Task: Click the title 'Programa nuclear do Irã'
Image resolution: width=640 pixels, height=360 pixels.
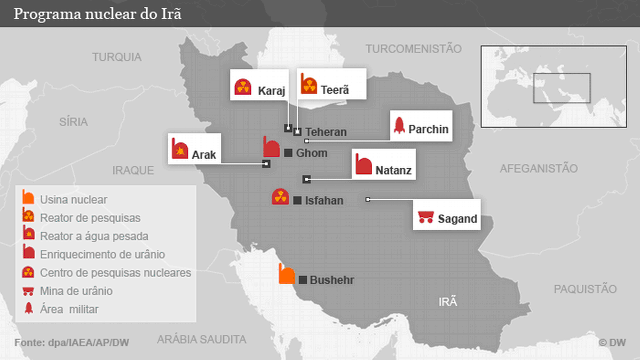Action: pos(97,13)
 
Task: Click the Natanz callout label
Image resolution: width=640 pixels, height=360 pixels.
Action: pos(393,171)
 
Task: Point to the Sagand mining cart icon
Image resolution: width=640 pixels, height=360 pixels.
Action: pos(425,216)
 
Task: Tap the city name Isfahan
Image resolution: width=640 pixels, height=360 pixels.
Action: pos(324,201)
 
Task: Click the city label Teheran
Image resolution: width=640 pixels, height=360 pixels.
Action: pos(326,132)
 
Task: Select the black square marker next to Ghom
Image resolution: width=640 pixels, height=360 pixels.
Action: pos(288,153)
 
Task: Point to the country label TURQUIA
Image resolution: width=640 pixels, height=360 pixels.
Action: pos(117,57)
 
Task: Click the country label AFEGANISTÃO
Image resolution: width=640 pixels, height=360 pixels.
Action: pos(539,169)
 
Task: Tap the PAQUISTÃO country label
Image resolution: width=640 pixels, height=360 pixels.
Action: pos(585,289)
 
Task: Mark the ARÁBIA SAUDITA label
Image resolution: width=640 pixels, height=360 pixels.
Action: pos(202,339)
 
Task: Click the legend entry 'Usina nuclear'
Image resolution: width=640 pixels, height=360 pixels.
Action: pos(74,200)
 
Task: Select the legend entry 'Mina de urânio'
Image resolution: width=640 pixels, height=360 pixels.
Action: pos(76,291)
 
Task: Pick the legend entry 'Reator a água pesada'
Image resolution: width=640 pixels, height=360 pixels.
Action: pos(94,236)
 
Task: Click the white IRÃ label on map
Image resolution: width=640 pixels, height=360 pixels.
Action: pos(448,302)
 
